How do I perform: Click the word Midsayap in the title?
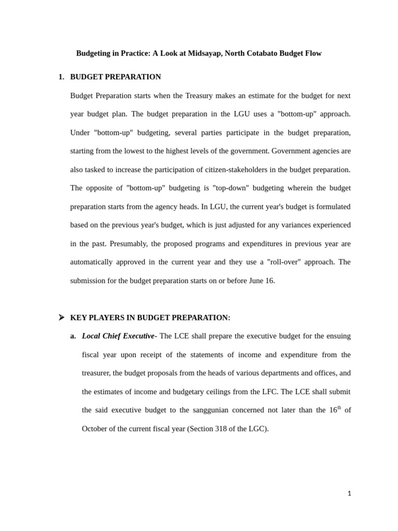pos(204,53)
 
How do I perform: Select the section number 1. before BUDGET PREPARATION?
pos(61,77)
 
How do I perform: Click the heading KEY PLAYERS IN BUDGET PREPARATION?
pos(150,317)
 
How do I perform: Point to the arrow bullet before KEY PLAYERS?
pos(62,317)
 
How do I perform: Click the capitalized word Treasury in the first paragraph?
pos(198,95)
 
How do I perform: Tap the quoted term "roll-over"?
pos(283,262)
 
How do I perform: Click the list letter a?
pos(73,336)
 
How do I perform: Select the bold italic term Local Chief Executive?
pos(118,336)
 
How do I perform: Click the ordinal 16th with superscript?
pos(335,410)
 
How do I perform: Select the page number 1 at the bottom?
pos(349,494)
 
